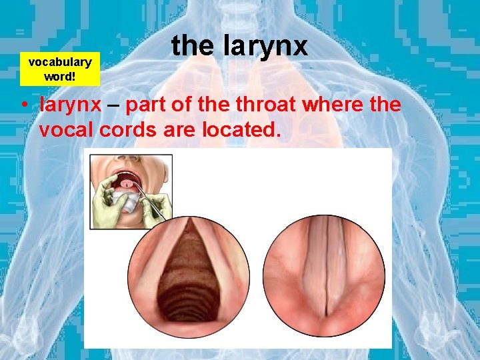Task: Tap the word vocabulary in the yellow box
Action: [60, 62]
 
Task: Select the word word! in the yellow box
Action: [59, 75]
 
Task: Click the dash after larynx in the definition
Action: [114, 105]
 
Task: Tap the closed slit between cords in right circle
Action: [325, 280]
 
